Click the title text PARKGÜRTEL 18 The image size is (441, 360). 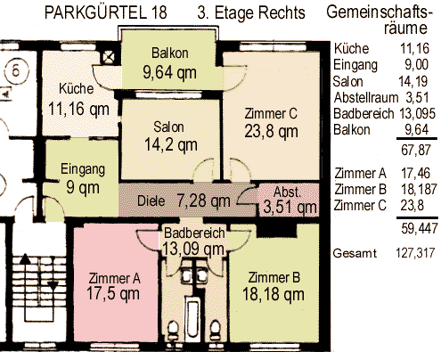pyautogui.click(x=105, y=12)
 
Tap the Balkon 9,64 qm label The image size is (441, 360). pyautogui.click(x=169, y=63)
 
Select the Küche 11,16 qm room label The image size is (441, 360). pyautogui.click(x=78, y=100)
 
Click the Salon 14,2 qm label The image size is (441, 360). pyautogui.click(x=170, y=136)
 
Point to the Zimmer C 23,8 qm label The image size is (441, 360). pyautogui.click(x=271, y=123)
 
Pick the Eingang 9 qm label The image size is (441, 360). pyautogui.click(x=83, y=178)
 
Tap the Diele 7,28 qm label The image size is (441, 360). pyautogui.click(x=184, y=200)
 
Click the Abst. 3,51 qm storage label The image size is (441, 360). pyautogui.click(x=290, y=200)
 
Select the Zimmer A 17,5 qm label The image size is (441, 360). pyautogui.click(x=113, y=286)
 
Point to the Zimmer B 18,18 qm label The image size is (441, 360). pyautogui.click(x=274, y=286)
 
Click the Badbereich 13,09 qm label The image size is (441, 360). pyautogui.click(x=193, y=241)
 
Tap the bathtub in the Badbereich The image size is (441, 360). pyautogui.click(x=193, y=319)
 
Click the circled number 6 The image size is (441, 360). pyautogui.click(x=16, y=71)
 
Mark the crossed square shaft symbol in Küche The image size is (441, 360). pyautogui.click(x=108, y=57)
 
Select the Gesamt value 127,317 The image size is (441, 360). pyautogui.click(x=415, y=253)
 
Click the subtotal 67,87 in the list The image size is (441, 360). pyautogui.click(x=416, y=150)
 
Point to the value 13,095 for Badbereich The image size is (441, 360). pyautogui.click(x=417, y=113)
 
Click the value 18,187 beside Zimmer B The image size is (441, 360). pyautogui.click(x=419, y=189)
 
